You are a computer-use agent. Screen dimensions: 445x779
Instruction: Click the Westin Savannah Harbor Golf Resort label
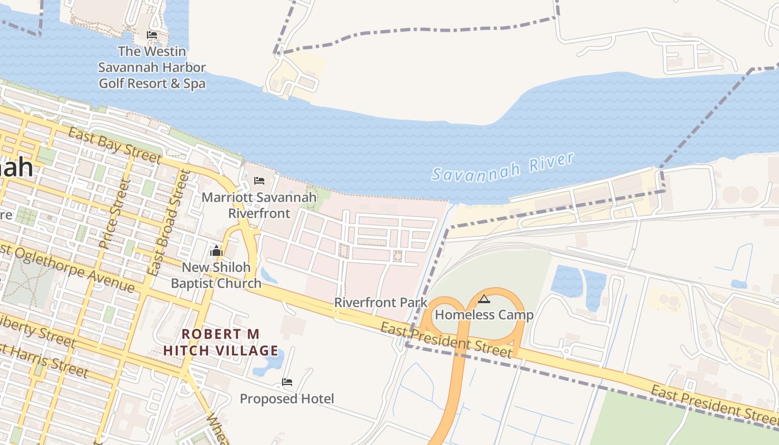coord(152,67)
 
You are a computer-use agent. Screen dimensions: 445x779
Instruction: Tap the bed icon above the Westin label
coord(152,35)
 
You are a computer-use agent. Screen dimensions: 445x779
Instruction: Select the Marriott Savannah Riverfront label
coord(259,205)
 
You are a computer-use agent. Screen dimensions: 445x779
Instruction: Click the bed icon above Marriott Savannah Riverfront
coord(259,181)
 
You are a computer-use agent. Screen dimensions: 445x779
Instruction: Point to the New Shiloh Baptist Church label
coord(216,275)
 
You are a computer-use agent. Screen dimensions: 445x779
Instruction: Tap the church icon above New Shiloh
coord(216,251)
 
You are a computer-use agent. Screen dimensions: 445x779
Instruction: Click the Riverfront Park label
coord(381,303)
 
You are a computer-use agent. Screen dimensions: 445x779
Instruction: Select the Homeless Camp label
coord(484,315)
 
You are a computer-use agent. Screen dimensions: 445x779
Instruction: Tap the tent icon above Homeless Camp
coord(484,299)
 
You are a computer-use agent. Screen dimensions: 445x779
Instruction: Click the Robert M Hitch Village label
coord(221,342)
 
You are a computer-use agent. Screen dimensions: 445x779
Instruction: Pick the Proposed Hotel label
coord(287,399)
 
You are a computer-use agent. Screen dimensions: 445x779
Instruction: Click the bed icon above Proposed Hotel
coord(287,382)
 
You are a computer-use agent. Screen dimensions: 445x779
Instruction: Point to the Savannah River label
coord(503,167)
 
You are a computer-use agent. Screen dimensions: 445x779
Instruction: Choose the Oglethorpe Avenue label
coord(70,268)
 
